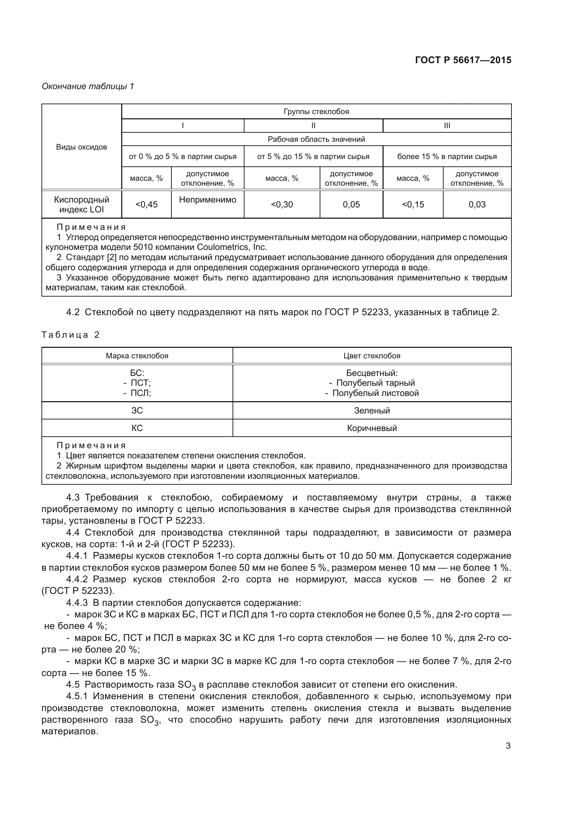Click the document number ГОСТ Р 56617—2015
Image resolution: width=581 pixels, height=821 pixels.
(x=463, y=60)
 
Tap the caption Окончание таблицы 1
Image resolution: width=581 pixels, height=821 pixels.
(x=88, y=86)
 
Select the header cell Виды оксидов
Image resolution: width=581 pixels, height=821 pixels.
(x=81, y=147)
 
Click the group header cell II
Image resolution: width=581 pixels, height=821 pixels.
(x=313, y=126)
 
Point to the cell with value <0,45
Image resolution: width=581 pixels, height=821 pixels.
(x=146, y=205)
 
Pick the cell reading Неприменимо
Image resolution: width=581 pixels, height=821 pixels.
(x=208, y=200)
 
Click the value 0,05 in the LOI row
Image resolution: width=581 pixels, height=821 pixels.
(x=351, y=205)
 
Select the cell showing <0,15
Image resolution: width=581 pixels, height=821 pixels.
(x=413, y=205)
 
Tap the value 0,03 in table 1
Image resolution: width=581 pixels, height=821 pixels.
(x=477, y=205)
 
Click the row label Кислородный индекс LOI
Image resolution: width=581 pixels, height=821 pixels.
(x=81, y=205)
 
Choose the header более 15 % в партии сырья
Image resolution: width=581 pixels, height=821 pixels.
(x=447, y=156)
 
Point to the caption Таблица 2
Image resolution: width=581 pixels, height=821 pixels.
(x=71, y=335)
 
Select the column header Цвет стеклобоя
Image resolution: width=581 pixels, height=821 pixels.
(x=372, y=356)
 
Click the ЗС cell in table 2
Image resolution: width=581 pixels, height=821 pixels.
(x=137, y=411)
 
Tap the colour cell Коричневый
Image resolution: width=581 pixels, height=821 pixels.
(x=372, y=428)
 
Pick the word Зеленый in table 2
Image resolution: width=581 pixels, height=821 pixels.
(x=372, y=411)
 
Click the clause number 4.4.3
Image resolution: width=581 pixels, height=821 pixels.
(x=77, y=603)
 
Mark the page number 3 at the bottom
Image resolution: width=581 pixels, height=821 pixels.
(x=508, y=746)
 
